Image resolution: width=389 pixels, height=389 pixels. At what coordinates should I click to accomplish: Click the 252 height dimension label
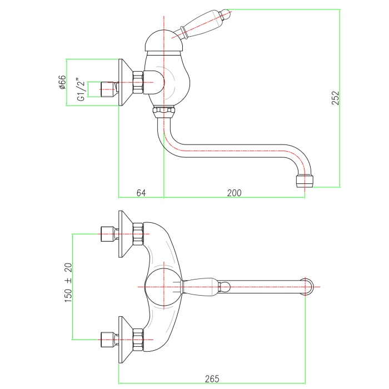pos(336,98)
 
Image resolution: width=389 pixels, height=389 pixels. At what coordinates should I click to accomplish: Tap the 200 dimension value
pos(234,193)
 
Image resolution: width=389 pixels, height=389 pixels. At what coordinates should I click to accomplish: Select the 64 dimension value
pos(141,193)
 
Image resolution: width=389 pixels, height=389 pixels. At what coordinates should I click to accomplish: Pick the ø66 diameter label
pos(62,83)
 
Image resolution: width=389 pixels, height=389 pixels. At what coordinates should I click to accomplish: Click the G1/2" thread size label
pos(81,89)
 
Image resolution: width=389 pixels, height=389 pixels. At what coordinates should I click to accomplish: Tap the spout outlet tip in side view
pos(305,181)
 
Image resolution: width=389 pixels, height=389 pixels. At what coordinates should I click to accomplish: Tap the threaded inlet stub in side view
pos(108,87)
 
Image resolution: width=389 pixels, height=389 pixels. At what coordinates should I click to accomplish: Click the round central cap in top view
pos(163,286)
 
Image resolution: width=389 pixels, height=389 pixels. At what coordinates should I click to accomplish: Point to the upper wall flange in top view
pos(125,234)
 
